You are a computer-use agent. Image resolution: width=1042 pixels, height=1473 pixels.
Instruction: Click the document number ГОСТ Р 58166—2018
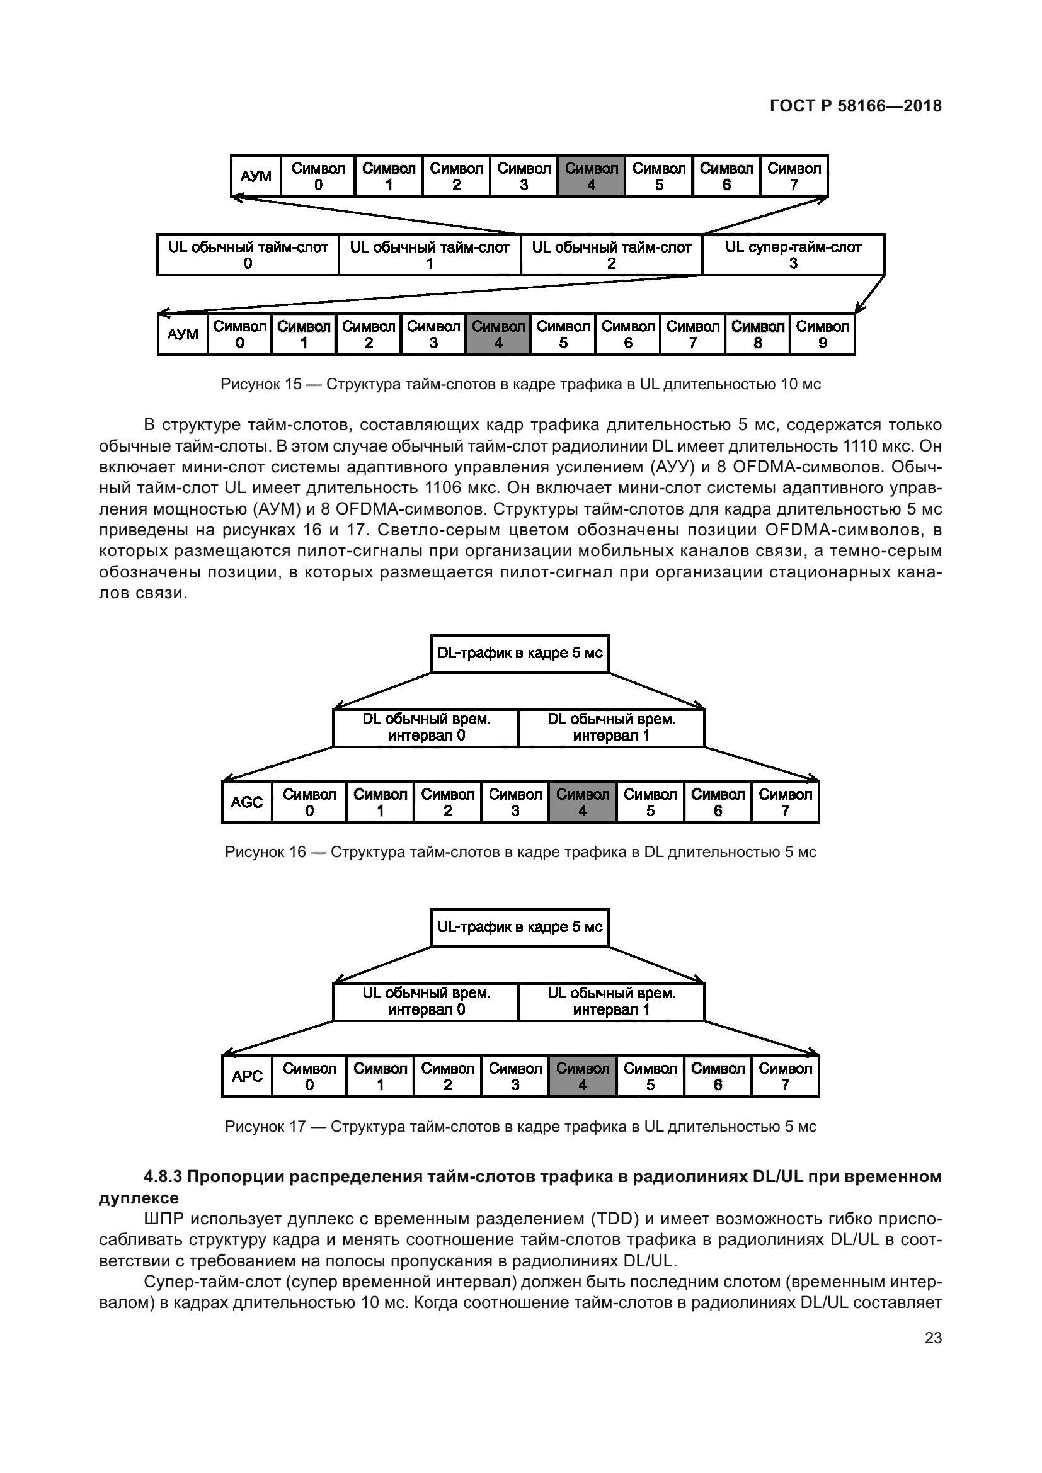pyautogui.click(x=856, y=106)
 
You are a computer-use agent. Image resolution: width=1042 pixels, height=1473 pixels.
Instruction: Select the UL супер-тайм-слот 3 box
pyautogui.click(x=794, y=254)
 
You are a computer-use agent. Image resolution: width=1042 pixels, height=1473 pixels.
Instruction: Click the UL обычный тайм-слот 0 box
pyautogui.click(x=248, y=254)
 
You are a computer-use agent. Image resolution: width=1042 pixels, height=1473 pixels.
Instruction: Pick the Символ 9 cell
pyautogui.click(x=823, y=334)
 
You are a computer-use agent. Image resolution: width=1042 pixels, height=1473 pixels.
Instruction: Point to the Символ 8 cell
pyautogui.click(x=758, y=334)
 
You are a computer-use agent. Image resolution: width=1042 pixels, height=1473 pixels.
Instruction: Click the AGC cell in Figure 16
pyautogui.click(x=247, y=802)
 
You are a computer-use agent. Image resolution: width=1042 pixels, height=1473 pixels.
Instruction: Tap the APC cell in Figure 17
pyautogui.click(x=247, y=1076)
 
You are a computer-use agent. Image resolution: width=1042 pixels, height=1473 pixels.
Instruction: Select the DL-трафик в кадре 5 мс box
pyautogui.click(x=520, y=654)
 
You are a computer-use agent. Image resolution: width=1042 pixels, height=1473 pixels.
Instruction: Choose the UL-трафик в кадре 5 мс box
pyautogui.click(x=520, y=928)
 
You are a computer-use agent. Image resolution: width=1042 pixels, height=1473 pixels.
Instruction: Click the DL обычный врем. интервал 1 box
pyautogui.click(x=612, y=727)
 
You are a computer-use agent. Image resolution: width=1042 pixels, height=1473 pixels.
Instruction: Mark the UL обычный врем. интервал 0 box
pyautogui.click(x=426, y=1001)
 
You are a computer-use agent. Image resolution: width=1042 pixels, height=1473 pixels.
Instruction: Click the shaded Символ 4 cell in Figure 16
pyautogui.click(x=583, y=802)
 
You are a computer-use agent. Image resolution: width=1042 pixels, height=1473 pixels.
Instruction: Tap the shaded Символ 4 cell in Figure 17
pyautogui.click(x=583, y=1076)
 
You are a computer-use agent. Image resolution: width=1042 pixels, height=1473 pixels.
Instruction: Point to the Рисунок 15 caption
pyautogui.click(x=520, y=384)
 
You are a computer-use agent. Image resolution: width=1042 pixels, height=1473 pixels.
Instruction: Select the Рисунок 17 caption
pyautogui.click(x=520, y=1127)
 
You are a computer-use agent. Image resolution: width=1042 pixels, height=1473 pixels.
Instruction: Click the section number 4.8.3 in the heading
pyautogui.click(x=163, y=1176)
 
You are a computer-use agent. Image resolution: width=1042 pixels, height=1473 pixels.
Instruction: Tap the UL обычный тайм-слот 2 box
pyautogui.click(x=612, y=254)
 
